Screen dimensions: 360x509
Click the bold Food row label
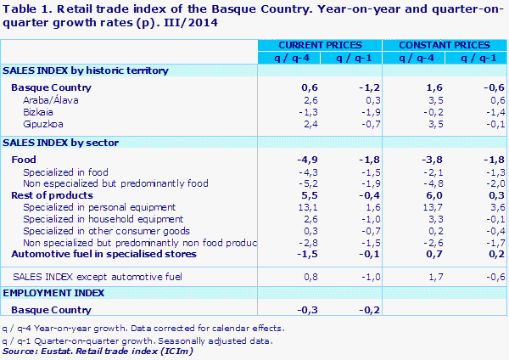[x=25, y=160]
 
